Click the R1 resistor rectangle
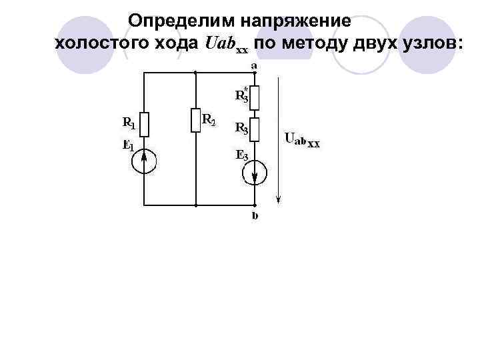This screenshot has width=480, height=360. [x=144, y=124]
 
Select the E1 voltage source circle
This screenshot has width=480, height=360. [x=144, y=161]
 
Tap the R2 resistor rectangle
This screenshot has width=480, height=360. [x=196, y=121]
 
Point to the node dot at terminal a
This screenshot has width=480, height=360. [x=255, y=72]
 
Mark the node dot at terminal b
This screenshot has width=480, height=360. [x=255, y=205]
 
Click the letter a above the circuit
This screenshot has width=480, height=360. [x=255, y=65]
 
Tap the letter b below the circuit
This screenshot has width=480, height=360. [x=255, y=216]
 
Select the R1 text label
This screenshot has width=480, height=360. [x=128, y=122]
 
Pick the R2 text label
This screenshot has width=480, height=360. [x=209, y=120]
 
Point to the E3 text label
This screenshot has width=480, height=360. [x=241, y=155]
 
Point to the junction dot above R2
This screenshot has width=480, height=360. [x=196, y=72]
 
